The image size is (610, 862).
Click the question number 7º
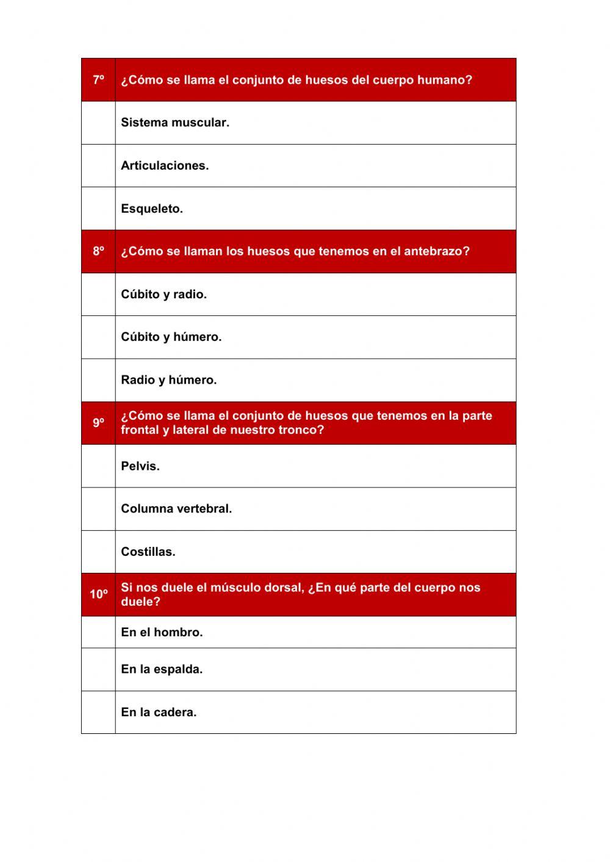pyautogui.click(x=98, y=80)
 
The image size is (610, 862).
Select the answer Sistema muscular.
pyautogui.click(x=175, y=123)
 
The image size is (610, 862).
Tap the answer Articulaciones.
pyautogui.click(x=165, y=165)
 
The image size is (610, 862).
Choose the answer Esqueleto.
pyautogui.click(x=152, y=209)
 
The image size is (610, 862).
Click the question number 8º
pyautogui.click(x=98, y=251)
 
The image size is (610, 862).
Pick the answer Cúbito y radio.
pyautogui.click(x=163, y=294)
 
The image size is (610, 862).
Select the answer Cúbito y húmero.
pyautogui.click(x=171, y=337)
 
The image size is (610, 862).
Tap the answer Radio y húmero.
pyautogui.click(x=168, y=380)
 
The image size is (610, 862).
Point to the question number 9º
pyautogui.click(x=98, y=423)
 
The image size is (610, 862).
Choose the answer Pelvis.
pyautogui.click(x=140, y=466)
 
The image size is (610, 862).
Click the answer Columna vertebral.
pyautogui.click(x=176, y=509)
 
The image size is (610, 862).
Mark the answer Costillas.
pyautogui.click(x=148, y=551)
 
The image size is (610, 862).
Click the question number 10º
pyautogui.click(x=98, y=594)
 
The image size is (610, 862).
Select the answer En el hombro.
pyautogui.click(x=162, y=632)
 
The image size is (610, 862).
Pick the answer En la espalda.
pyautogui.click(x=162, y=669)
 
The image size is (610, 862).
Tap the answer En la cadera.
pyautogui.click(x=159, y=712)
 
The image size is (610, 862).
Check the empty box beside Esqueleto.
pyautogui.click(x=98, y=209)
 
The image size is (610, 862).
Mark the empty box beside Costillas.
pyautogui.click(x=98, y=551)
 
